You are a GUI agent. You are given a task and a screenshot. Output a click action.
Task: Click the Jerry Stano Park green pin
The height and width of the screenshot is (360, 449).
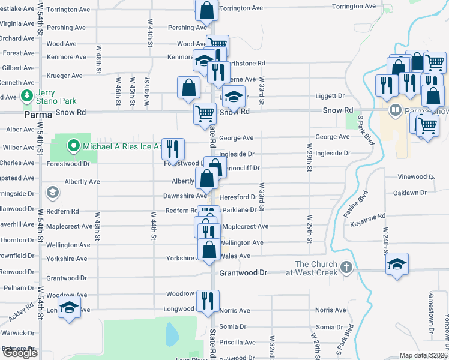tap(26, 95)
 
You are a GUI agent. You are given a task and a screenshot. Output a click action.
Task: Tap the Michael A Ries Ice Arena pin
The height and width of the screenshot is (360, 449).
tap(73, 145)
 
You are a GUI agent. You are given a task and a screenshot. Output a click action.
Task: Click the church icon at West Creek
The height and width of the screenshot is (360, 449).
tap(346, 266)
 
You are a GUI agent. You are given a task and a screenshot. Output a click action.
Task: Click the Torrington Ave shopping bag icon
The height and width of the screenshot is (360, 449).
tap(206, 10)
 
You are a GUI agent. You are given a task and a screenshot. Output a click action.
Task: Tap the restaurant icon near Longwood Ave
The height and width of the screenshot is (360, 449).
tap(208, 300)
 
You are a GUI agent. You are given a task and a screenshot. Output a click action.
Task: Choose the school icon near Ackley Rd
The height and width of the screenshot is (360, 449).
tap(70, 307)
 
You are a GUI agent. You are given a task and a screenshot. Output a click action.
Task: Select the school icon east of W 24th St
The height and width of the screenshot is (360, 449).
tap(397, 264)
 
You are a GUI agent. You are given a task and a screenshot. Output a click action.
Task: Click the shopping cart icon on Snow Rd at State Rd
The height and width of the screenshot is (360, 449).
tap(205, 113)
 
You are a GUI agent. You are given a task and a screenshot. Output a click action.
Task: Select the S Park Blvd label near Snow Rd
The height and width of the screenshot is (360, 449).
tap(363, 128)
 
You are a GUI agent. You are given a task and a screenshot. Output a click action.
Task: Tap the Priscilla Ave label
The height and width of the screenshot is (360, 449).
tap(237, 343)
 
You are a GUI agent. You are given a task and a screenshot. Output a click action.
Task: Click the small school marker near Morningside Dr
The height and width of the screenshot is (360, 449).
tap(53, 193)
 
